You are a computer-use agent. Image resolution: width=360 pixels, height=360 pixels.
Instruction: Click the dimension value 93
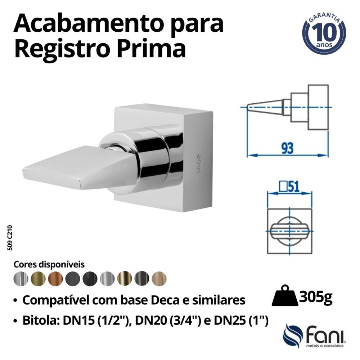coord(287,148)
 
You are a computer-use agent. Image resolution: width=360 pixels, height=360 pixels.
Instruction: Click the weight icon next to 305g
coord(284,296)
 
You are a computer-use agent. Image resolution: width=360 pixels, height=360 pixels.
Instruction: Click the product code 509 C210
coord(10,238)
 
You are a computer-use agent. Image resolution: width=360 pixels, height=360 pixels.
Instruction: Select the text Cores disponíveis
coord(49,265)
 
